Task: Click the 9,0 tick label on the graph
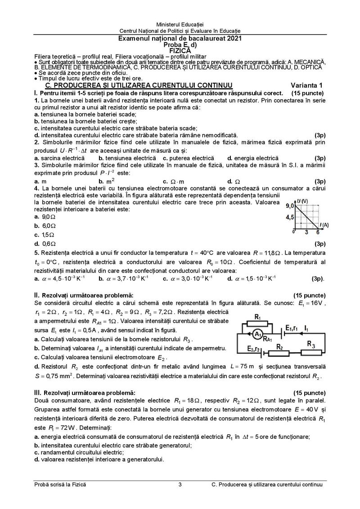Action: coord(290,205)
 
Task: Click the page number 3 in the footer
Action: coord(180,485)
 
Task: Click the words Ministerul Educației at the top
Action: coord(180,23)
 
